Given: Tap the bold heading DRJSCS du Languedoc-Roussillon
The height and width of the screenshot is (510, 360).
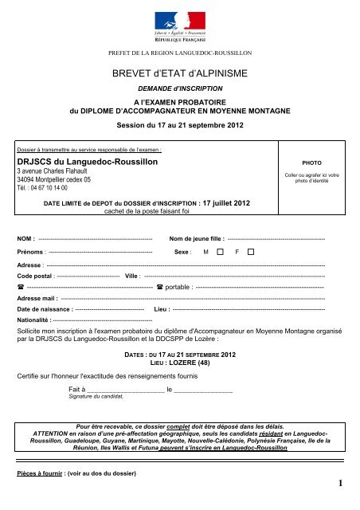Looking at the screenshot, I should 88,162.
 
